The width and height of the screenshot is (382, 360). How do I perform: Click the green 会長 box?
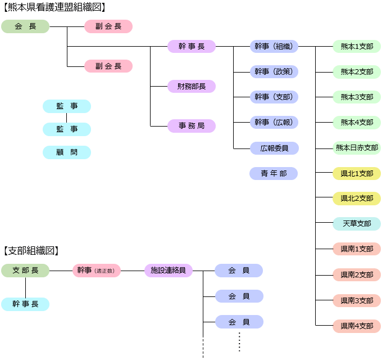click(x=25, y=26)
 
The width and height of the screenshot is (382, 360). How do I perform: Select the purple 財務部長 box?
click(x=192, y=86)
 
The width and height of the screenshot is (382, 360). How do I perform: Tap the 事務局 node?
click(x=192, y=126)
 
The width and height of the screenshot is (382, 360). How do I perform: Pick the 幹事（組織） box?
click(x=274, y=47)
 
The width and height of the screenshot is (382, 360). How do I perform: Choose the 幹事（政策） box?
click(x=274, y=71)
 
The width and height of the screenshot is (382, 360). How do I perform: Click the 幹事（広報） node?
click(x=274, y=122)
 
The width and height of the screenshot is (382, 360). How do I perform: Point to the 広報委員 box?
click(x=274, y=148)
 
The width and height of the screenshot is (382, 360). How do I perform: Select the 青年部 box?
click(x=274, y=173)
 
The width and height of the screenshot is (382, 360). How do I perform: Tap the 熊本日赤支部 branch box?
click(x=357, y=148)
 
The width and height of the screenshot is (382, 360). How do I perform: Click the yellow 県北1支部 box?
click(x=357, y=173)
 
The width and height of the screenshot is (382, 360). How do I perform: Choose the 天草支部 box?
click(x=357, y=223)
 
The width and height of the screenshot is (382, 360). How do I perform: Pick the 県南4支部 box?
click(x=357, y=326)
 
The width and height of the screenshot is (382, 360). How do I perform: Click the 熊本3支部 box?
click(x=357, y=97)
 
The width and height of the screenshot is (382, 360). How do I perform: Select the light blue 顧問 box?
click(x=67, y=152)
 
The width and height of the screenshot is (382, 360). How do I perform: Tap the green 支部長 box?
click(x=25, y=271)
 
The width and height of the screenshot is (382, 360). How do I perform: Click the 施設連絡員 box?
click(x=169, y=271)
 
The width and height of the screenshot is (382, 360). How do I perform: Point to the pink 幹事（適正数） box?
click(x=97, y=271)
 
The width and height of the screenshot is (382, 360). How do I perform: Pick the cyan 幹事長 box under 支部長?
click(x=25, y=304)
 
